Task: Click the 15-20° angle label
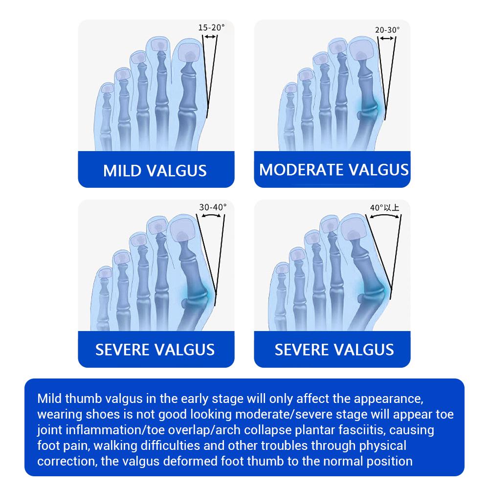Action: point(211,27)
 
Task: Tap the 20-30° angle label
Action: point(387,30)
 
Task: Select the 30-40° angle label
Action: point(213,207)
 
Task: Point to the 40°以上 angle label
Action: point(384,207)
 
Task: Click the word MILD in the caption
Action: point(122,171)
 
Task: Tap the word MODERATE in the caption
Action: point(301,170)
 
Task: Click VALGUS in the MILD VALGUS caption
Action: point(177,171)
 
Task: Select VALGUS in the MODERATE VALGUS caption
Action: point(378,170)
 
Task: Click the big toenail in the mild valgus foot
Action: point(189,52)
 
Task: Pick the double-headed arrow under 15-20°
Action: point(210,37)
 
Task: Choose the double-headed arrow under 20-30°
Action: point(387,39)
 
